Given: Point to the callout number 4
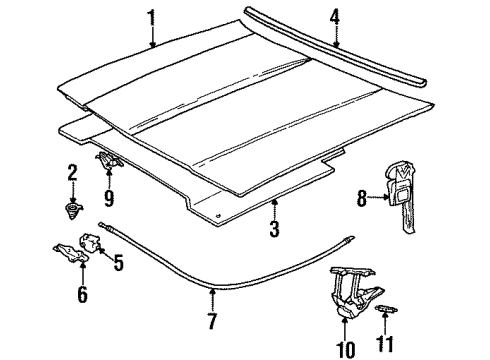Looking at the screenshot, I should (x=335, y=15).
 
